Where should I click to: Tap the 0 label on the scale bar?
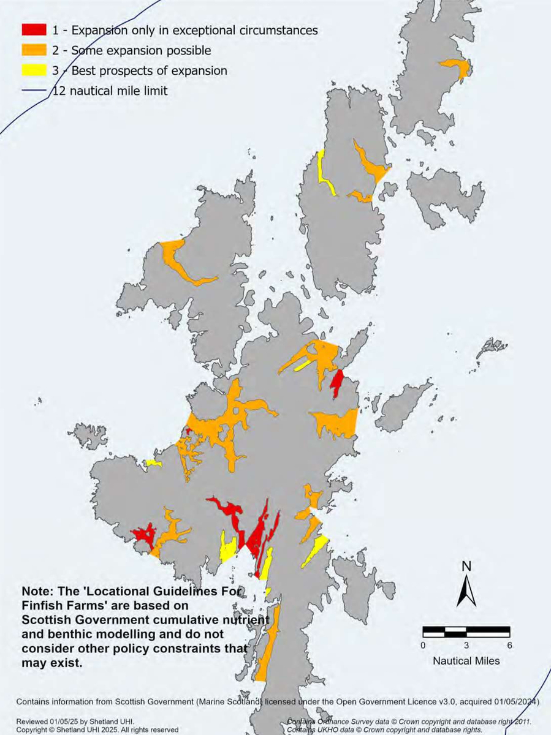(x=423, y=645)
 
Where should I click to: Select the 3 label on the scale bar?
(x=466, y=645)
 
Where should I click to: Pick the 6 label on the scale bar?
(x=510, y=645)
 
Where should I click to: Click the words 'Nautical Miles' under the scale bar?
(x=466, y=661)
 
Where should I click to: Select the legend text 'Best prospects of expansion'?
(x=149, y=70)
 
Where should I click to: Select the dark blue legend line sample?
(x=36, y=91)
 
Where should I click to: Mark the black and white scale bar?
(x=466, y=631)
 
